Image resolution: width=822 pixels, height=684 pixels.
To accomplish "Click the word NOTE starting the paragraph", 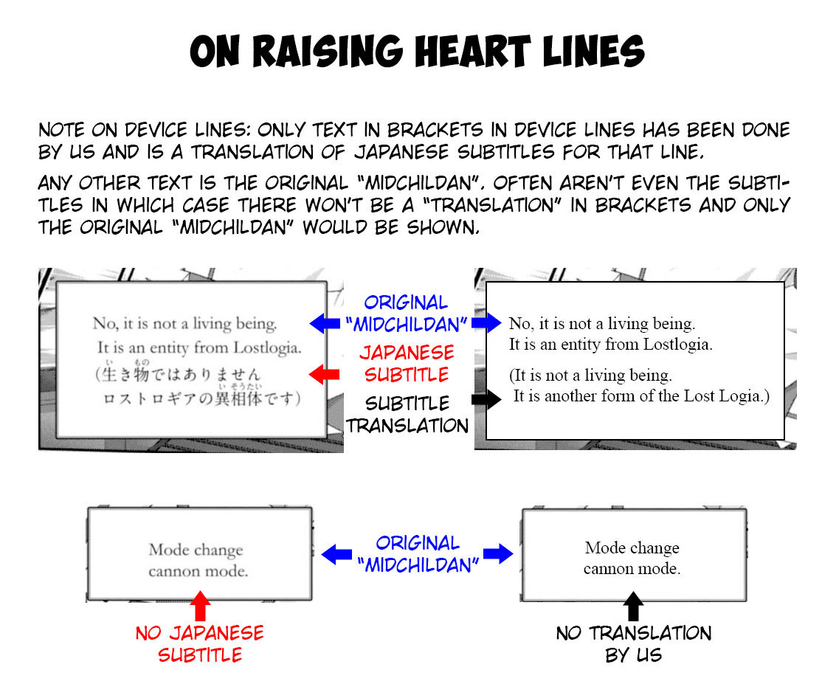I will point(61,131).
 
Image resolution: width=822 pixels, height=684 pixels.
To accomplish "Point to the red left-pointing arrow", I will point(319,375).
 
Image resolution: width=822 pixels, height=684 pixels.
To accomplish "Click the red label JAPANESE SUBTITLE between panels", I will point(407,364).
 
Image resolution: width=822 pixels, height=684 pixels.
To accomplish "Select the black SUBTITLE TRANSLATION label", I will point(407,415).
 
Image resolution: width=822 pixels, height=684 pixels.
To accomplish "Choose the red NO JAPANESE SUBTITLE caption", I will point(199,643).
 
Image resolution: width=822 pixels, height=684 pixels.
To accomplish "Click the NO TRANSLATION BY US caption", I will point(633,643).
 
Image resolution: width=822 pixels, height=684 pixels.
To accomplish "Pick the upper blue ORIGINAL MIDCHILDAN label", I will point(407,313).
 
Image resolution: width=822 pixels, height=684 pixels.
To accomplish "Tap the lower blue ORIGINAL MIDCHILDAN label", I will point(418,554).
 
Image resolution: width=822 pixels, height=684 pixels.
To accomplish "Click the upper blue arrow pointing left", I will point(323,322).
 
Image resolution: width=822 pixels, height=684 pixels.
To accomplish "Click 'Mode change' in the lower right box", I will point(632,547).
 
